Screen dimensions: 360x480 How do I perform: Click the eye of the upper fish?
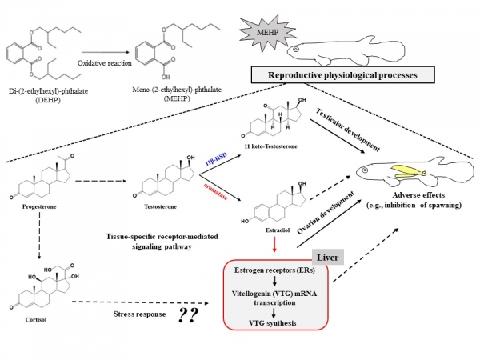(295, 48)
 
